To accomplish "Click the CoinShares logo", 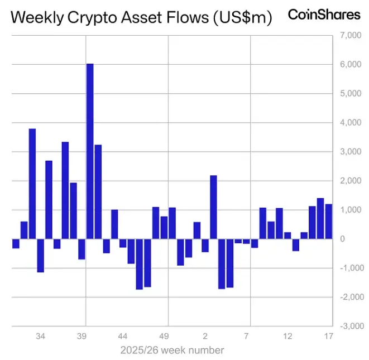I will pyautogui.click(x=324, y=15).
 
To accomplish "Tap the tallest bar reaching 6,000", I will pyautogui.click(x=90, y=151).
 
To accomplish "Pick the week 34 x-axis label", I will pyautogui.click(x=40, y=337).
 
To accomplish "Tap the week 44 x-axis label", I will pyautogui.click(x=123, y=337).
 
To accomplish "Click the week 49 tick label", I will pyautogui.click(x=164, y=337).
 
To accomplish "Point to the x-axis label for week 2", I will pyautogui.click(x=205, y=337).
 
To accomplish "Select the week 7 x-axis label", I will pyautogui.click(x=246, y=337).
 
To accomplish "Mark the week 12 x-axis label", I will pyautogui.click(x=287, y=337).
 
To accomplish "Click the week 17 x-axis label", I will pyautogui.click(x=329, y=337).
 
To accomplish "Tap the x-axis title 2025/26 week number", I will pyautogui.click(x=172, y=351).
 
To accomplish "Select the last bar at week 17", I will pyautogui.click(x=329, y=222).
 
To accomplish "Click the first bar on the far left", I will pyautogui.click(x=16, y=243).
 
